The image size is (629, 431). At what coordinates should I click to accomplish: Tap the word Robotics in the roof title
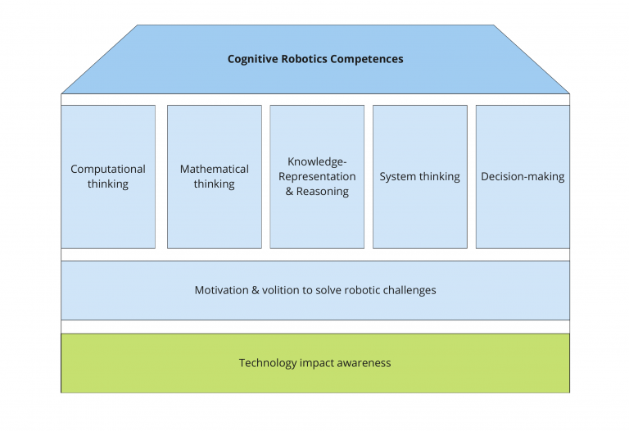[x=304, y=59]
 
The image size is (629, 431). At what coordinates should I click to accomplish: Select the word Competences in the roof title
[x=367, y=59]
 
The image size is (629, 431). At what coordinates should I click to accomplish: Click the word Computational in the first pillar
[x=108, y=170]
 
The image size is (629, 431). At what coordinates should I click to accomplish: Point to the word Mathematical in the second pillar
[x=215, y=169]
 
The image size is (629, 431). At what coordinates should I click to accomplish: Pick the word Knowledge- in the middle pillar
[x=317, y=161]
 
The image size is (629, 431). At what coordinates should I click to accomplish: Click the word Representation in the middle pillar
[x=317, y=176]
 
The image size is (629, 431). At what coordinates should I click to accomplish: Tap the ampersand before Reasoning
[x=289, y=192]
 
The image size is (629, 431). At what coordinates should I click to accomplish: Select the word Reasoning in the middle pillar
[x=323, y=192]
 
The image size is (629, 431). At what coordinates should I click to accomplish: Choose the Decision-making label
[x=523, y=176]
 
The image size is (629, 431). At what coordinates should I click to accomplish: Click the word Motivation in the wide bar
[x=221, y=290]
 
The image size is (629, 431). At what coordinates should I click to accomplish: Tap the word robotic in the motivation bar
[x=362, y=290]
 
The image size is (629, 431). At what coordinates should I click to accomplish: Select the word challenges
[x=410, y=291]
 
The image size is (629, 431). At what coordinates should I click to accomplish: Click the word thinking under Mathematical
[x=215, y=184]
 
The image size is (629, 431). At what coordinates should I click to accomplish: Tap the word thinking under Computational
[x=108, y=184]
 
